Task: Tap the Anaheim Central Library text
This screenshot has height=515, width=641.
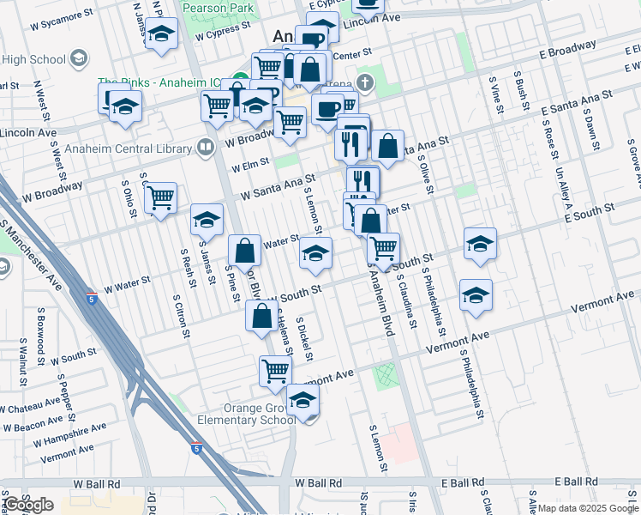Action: coord(138,148)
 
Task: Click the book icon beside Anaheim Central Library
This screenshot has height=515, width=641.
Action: coord(205,148)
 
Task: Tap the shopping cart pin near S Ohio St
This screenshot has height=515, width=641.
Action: coord(160,198)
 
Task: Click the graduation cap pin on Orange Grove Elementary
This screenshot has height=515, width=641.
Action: coord(303,400)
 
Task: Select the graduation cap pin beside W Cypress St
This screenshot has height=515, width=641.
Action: coord(161,34)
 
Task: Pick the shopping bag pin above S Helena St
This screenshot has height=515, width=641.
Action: coord(261,317)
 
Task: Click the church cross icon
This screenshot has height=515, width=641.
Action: coord(365,83)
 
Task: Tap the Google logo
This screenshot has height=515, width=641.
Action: coord(28,505)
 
